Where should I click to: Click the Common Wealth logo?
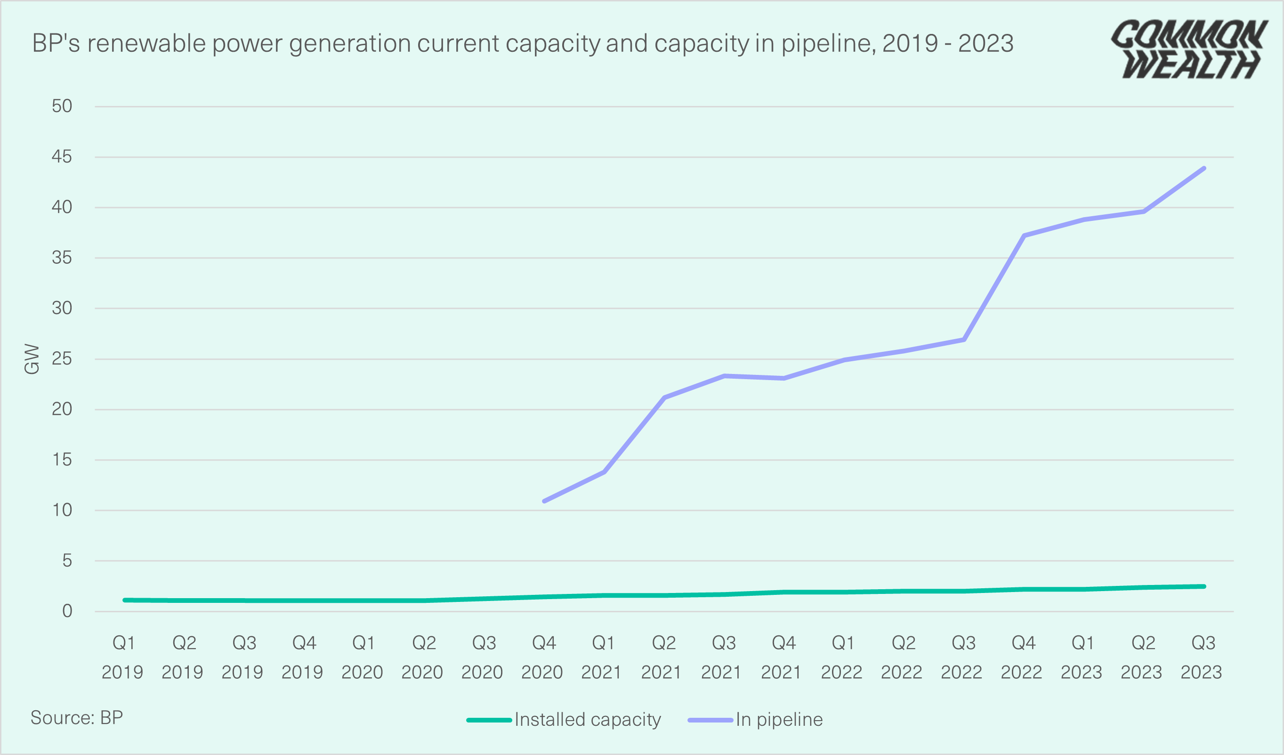tap(1190, 49)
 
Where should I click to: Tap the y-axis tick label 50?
tap(62, 106)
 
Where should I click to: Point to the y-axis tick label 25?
tap(62, 359)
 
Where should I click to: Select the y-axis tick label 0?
tap(67, 611)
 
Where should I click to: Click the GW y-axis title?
tap(32, 359)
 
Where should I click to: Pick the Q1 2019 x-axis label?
tap(123, 657)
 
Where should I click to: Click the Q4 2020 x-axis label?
tap(542, 657)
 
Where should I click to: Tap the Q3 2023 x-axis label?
tap(1203, 657)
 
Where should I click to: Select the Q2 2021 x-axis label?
tap(662, 657)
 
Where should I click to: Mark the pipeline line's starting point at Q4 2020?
tap(544, 501)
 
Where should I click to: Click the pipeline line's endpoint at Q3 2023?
tap(1204, 168)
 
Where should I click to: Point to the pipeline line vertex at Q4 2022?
tap(1024, 236)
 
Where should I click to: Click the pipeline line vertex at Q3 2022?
tap(964, 340)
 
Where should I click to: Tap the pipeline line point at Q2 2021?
tap(664, 397)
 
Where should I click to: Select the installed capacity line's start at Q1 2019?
tap(125, 600)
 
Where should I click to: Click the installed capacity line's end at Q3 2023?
tap(1204, 586)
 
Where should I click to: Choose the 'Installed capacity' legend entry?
tap(565, 719)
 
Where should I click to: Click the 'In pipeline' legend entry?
tap(756, 719)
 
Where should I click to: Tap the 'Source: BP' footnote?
tap(77, 717)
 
